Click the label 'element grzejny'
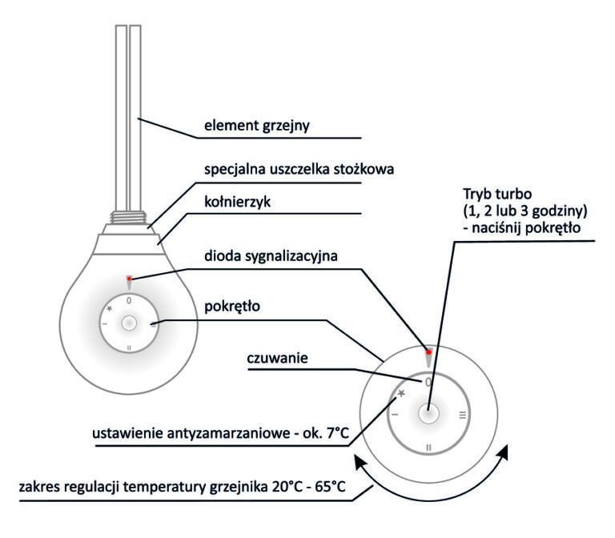click(x=257, y=126)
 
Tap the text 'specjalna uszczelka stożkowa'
click(x=299, y=170)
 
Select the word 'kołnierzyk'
click(x=237, y=203)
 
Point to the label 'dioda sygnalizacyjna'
click(x=271, y=256)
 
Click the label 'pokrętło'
click(x=232, y=307)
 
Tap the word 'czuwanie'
click(x=277, y=358)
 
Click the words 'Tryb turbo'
click(x=497, y=194)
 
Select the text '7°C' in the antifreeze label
click(x=337, y=434)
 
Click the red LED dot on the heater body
click(x=129, y=279)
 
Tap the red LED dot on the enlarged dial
click(x=428, y=352)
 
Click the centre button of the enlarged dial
click(x=428, y=414)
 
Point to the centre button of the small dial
click(x=129, y=323)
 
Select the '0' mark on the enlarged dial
click(x=428, y=382)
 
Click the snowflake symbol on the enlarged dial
click(x=401, y=393)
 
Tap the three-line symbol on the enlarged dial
click(x=463, y=415)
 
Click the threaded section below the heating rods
click(x=129, y=217)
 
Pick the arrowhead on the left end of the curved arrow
click(x=359, y=461)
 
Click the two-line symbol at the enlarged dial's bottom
click(x=428, y=448)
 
